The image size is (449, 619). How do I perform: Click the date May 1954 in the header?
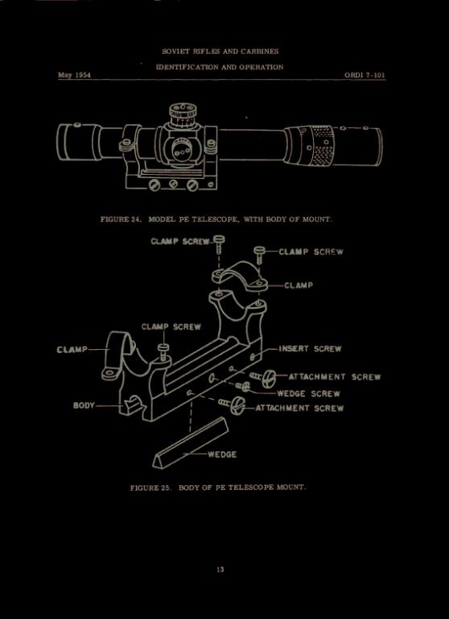tap(75, 75)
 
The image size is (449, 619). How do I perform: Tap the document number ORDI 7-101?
tap(365, 75)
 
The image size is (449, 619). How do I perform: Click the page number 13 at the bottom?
tap(220, 569)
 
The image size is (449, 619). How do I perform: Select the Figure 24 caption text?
tap(216, 219)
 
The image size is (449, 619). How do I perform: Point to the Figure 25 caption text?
tap(218, 488)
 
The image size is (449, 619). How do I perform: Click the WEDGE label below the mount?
tap(222, 455)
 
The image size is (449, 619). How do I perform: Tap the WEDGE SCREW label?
tap(308, 393)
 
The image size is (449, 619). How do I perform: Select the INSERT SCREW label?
tap(310, 348)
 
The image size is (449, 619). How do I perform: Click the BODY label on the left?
tap(84, 405)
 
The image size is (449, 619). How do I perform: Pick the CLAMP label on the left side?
tap(72, 350)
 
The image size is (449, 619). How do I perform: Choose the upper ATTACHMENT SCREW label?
tap(335, 376)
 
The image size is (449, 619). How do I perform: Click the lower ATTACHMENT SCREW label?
tap(299, 408)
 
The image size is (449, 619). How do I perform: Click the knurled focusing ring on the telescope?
tap(323, 146)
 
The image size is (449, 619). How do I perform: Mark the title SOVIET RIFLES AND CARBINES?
tap(220, 52)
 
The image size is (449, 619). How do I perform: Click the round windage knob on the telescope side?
tap(182, 150)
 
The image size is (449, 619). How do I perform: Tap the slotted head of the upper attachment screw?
tap(269, 376)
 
